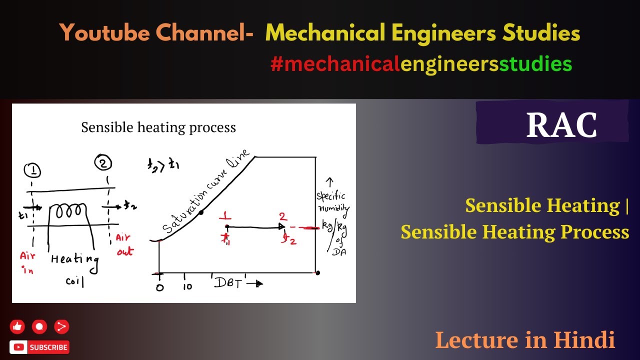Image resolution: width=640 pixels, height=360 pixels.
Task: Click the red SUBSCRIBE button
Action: click(39, 347)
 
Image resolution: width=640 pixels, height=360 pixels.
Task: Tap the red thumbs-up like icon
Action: click(17, 327)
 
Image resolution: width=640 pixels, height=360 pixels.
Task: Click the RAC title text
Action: click(561, 125)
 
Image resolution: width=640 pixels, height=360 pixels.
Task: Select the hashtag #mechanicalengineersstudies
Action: click(421, 64)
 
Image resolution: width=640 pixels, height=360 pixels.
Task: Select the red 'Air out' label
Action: click(124, 245)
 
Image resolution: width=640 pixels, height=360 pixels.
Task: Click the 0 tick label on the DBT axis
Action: click(160, 287)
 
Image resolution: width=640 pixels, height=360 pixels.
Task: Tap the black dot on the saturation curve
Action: click(201, 212)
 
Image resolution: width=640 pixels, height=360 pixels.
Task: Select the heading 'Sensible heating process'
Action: click(158, 127)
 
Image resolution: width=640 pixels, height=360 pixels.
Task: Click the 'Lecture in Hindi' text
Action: click(525, 340)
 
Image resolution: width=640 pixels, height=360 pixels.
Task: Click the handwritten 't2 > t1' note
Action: click(163, 165)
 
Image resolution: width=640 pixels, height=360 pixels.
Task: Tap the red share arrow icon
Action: click(61, 327)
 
